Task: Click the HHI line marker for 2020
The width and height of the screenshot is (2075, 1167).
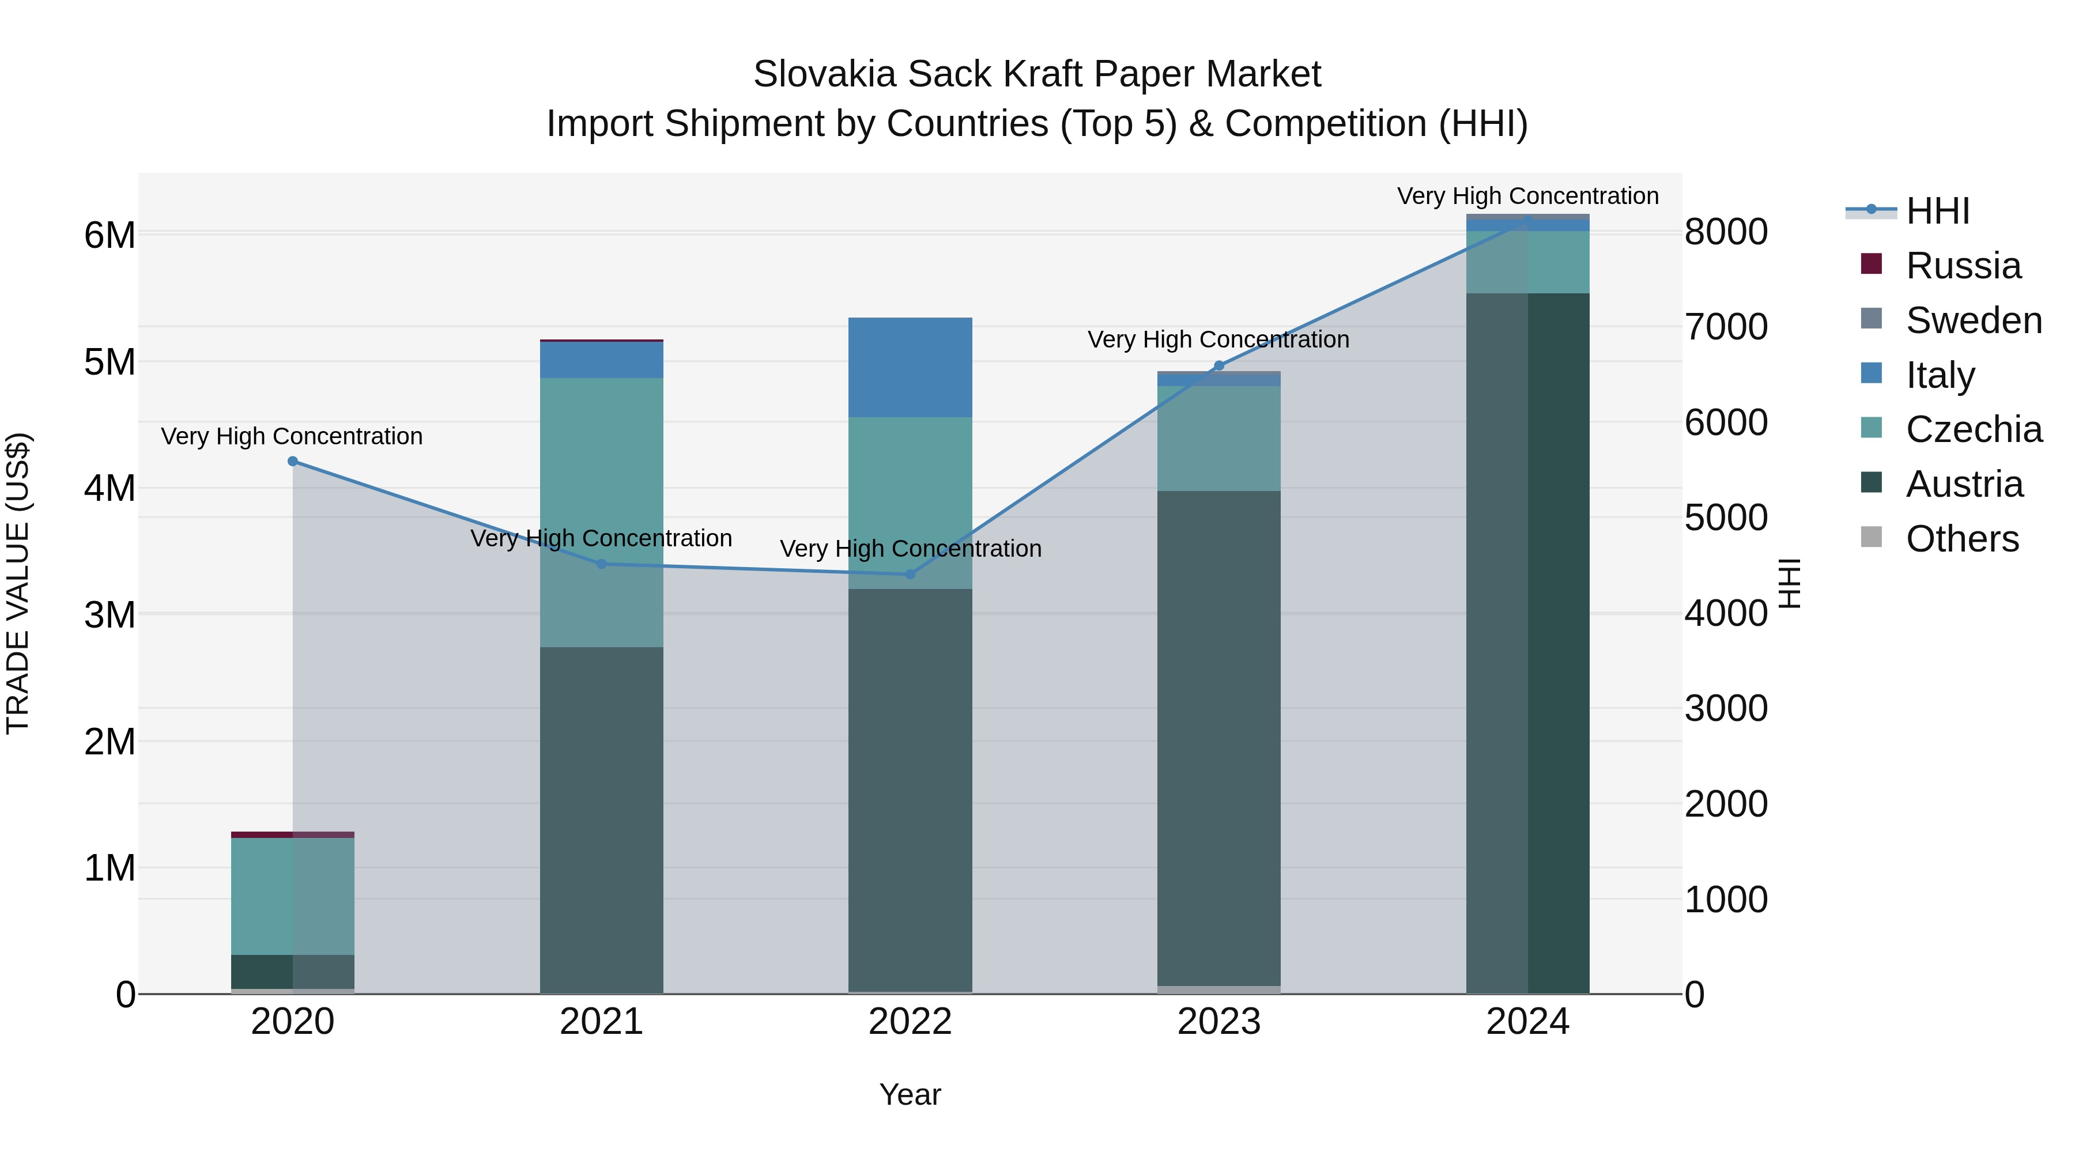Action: pyautogui.click(x=292, y=462)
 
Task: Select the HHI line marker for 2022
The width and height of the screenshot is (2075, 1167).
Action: pyautogui.click(x=910, y=574)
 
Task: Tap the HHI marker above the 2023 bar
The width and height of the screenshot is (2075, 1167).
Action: pyautogui.click(x=1218, y=365)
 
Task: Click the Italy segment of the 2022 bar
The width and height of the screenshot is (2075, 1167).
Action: pyautogui.click(x=910, y=367)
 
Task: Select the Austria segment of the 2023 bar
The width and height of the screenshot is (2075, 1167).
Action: pyautogui.click(x=1218, y=737)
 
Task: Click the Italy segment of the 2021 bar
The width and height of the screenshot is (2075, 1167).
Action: pyautogui.click(x=601, y=360)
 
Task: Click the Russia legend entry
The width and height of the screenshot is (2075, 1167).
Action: pyautogui.click(x=1963, y=266)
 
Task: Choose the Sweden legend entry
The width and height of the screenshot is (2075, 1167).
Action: pyautogui.click(x=1974, y=320)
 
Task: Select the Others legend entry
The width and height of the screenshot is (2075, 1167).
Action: pyautogui.click(x=1961, y=539)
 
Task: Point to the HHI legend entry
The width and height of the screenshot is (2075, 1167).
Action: pyautogui.click(x=1937, y=211)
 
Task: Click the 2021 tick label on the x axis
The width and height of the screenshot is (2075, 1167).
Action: pyautogui.click(x=601, y=1022)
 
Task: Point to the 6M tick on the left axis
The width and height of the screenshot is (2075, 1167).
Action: pyautogui.click(x=110, y=235)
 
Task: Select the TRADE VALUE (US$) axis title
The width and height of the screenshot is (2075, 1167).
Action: pyautogui.click(x=18, y=583)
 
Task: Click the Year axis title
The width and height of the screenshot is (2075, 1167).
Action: pyautogui.click(x=910, y=1094)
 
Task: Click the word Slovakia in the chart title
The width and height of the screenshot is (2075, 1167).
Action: pyautogui.click(x=824, y=74)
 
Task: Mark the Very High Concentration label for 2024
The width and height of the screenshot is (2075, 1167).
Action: pyautogui.click(x=1527, y=196)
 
